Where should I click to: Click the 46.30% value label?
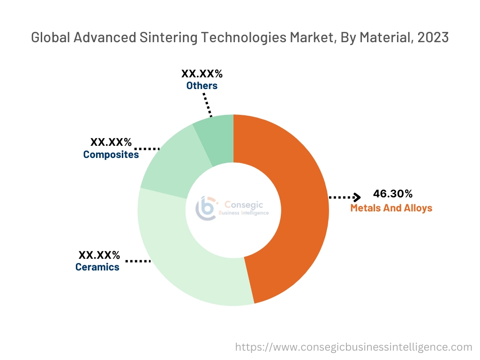coord(393,194)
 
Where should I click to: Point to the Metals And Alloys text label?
coord(391,208)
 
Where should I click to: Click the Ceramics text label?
coord(97,267)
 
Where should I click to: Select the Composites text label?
coord(111,154)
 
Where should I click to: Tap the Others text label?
coord(202,86)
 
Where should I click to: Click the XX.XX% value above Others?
coord(202,74)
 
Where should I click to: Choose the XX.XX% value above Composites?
coord(111,142)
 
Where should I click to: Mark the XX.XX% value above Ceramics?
coord(99,255)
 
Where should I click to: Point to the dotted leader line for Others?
coord(208,104)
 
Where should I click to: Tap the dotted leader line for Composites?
coord(150,149)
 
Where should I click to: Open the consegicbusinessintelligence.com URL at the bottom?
coord(353,347)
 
